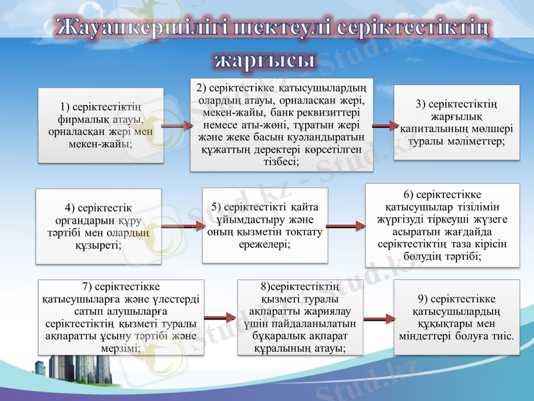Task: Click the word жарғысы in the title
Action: click(264, 59)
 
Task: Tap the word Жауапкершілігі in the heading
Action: click(137, 28)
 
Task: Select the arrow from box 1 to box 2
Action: click(176, 125)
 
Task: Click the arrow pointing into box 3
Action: click(383, 125)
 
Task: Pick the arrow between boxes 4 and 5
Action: click(182, 227)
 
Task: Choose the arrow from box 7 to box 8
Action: click(220, 319)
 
